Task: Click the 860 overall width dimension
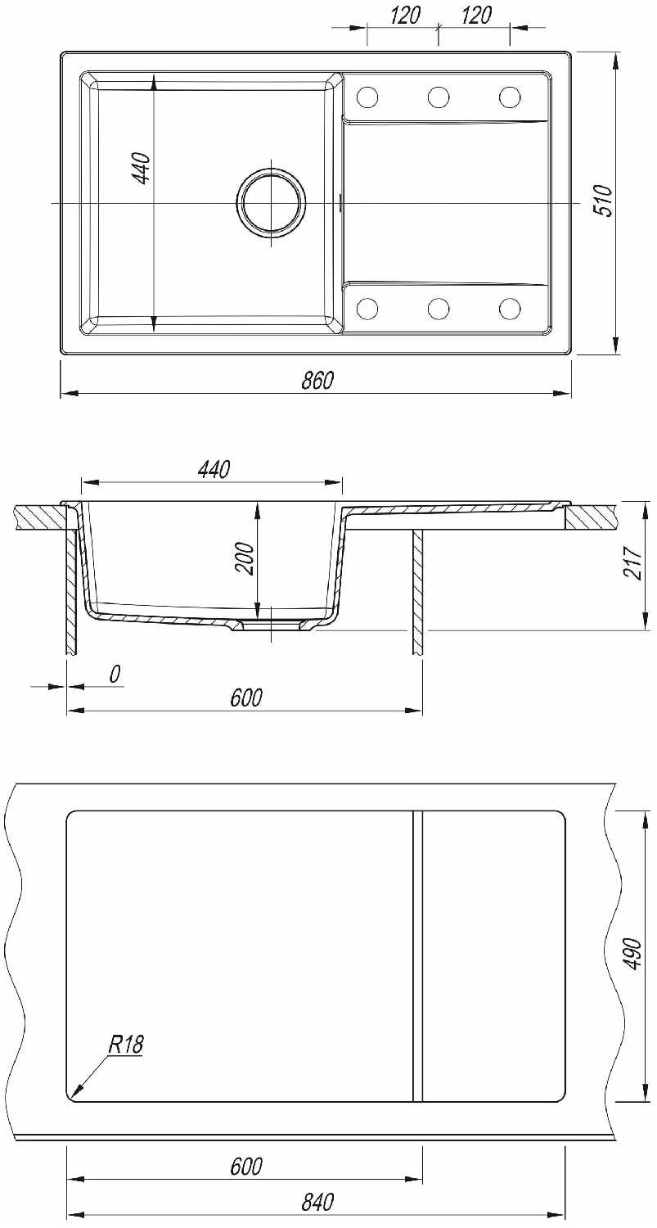(317, 380)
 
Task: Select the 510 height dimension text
(603, 201)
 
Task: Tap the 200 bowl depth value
(246, 558)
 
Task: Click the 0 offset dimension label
(115, 674)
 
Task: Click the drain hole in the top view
(270, 203)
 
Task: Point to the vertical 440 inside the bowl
(142, 169)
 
